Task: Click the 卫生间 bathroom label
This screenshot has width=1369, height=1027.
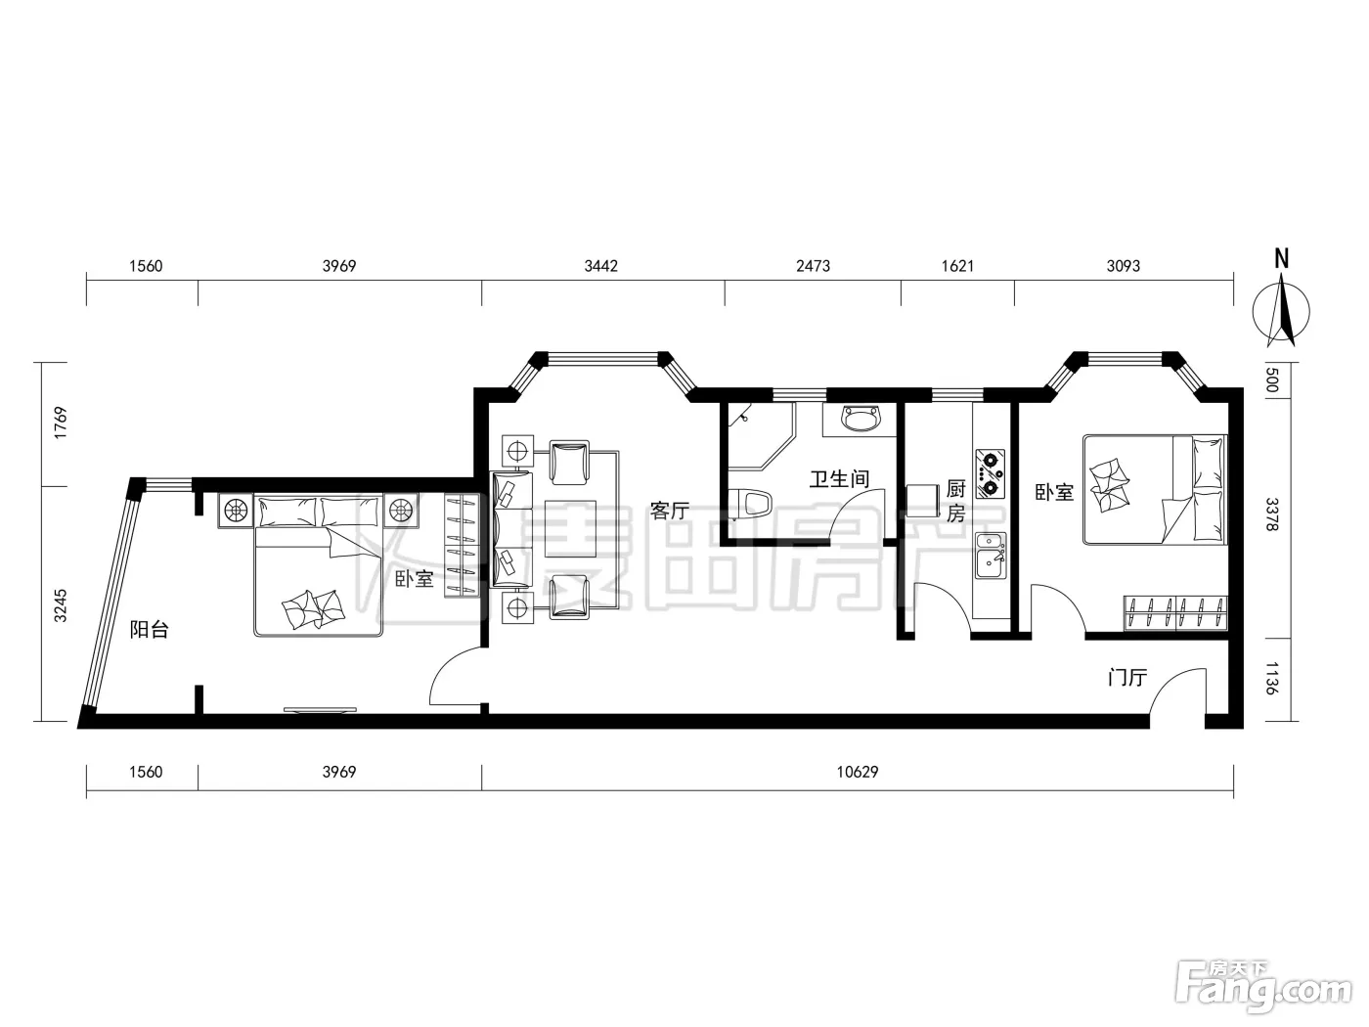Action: (839, 479)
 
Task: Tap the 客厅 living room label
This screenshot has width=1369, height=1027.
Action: (669, 510)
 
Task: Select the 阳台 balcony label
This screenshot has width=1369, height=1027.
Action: (149, 629)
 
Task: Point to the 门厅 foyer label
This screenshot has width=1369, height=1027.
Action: (1127, 677)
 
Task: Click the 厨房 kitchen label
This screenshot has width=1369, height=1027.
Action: (955, 501)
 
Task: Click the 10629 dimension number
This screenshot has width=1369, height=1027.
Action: (857, 772)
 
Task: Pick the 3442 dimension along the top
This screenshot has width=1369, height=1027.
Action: (600, 266)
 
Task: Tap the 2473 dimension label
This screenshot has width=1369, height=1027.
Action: (813, 266)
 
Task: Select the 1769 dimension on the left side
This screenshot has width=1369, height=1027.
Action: (61, 423)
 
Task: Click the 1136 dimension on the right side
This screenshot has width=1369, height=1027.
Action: (1272, 679)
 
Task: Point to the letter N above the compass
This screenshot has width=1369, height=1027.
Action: (1281, 258)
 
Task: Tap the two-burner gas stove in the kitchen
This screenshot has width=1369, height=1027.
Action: (990, 473)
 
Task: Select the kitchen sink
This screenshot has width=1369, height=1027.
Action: (991, 556)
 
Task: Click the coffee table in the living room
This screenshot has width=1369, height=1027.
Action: (570, 528)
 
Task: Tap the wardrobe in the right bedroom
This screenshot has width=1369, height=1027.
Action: (1175, 613)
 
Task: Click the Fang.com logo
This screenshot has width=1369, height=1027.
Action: (1263, 990)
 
